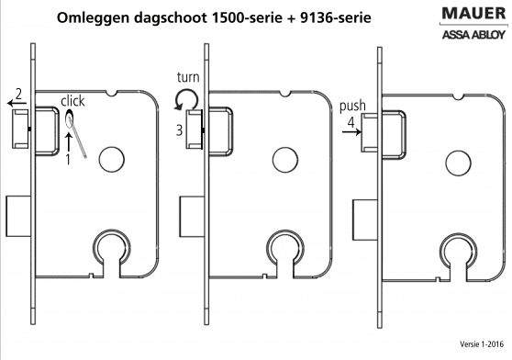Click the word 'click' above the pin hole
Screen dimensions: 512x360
[x=72, y=101]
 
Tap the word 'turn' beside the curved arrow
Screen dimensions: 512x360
[x=188, y=77]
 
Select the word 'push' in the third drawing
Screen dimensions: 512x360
[x=352, y=107]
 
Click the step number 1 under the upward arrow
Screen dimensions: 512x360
[x=68, y=160]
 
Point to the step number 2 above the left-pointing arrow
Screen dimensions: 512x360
[x=18, y=94]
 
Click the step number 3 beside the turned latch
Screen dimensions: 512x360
[x=179, y=130]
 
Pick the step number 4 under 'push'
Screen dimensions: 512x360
[x=351, y=122]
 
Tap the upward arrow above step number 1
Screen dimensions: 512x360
[x=69, y=141]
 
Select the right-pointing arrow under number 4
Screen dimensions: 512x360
[x=352, y=132]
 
